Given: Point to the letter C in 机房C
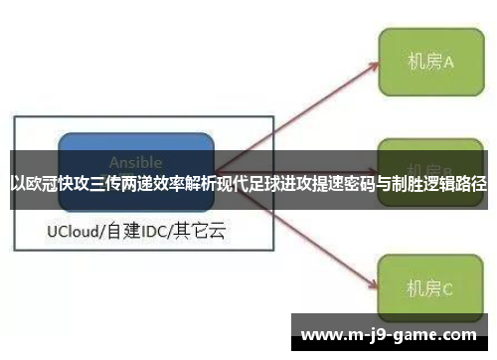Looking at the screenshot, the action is tap(447, 289).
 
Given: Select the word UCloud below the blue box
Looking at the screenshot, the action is tap(74, 233).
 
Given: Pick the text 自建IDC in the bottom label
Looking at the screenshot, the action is tap(137, 233).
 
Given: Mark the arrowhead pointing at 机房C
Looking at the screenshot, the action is tap(372, 283).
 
